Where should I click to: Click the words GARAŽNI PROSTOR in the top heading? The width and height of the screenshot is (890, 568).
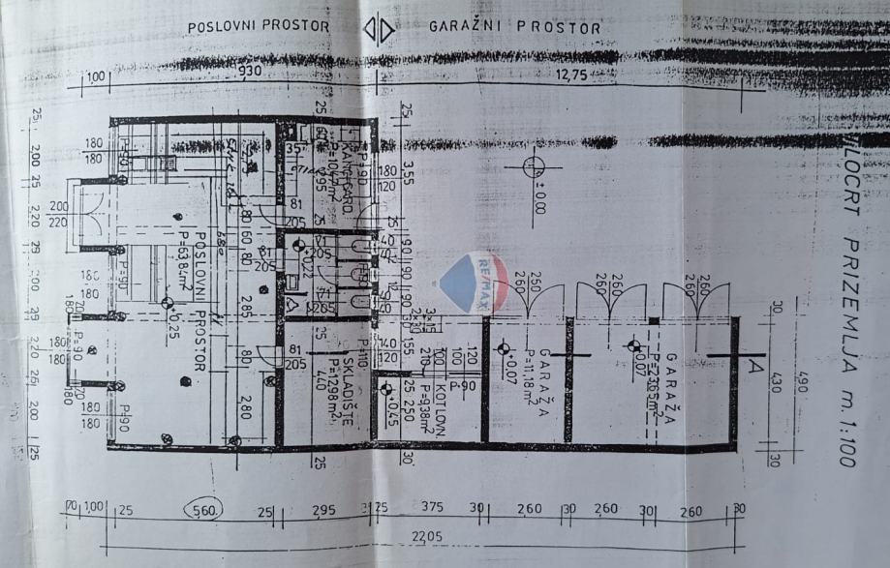(514, 27)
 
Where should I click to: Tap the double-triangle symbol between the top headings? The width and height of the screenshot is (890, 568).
(378, 29)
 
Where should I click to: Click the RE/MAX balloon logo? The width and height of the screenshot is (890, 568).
(475, 282)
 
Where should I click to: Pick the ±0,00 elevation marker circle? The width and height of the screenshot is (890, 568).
(534, 167)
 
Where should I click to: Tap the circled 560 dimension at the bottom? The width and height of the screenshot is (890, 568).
(205, 509)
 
